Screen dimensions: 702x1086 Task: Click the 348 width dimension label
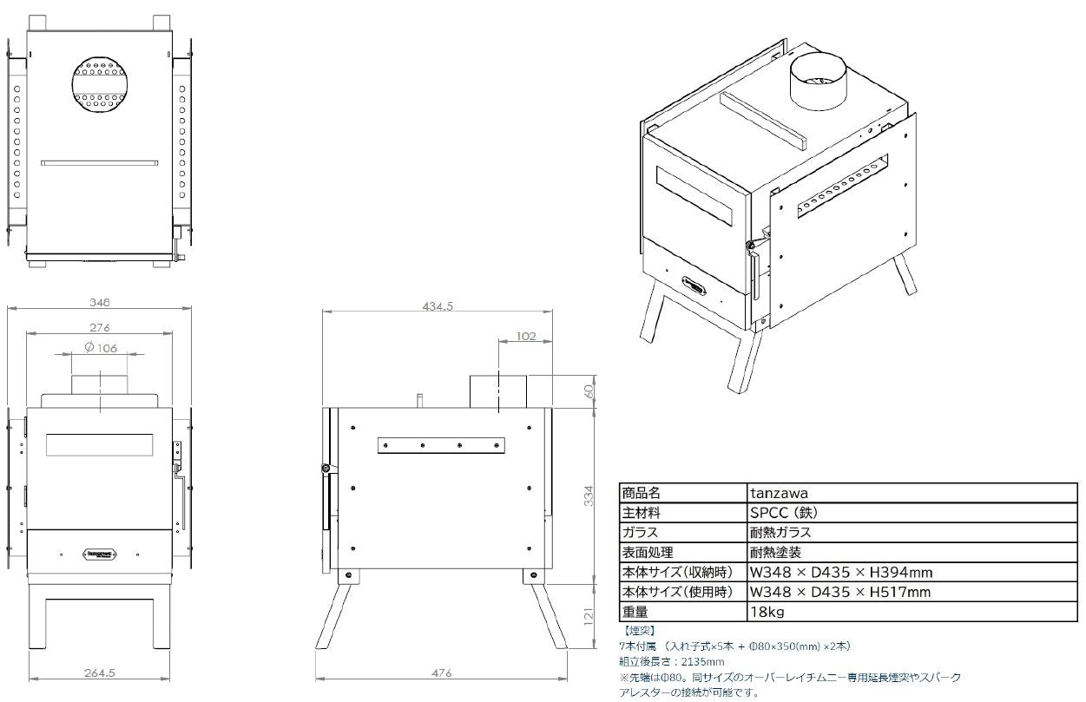coord(100,303)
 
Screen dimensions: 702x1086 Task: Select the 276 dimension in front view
coord(100,328)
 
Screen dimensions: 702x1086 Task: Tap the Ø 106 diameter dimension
coord(101,348)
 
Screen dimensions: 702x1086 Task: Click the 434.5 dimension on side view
coord(438,306)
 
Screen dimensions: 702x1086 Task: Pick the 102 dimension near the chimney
coord(525,336)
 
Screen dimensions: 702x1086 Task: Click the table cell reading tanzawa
coord(779,493)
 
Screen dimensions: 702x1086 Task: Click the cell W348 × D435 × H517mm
coord(840,592)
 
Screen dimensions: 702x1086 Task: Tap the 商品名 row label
coord(642,493)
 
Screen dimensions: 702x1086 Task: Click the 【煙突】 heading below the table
coord(639,630)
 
